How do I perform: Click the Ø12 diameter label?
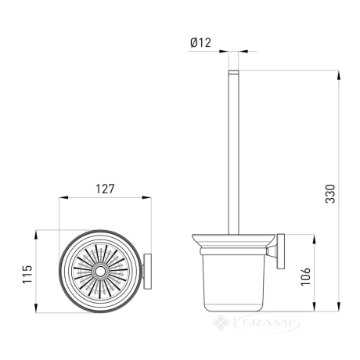coord(200,43)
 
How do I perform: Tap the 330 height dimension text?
coord(330,194)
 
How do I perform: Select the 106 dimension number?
coord(306,276)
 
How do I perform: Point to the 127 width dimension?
coord(105,189)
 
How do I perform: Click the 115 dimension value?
coord(27,274)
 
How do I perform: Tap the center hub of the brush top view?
coord(99,272)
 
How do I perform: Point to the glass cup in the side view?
coord(233,283)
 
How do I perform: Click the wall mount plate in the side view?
coord(281,251)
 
